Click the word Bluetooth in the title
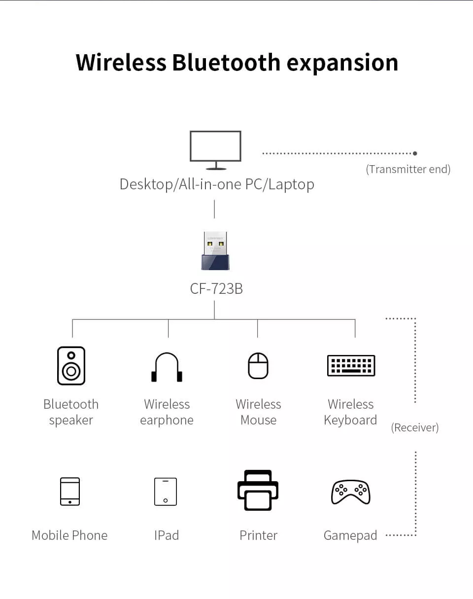(x=226, y=63)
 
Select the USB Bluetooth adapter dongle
(x=215, y=251)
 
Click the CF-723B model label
(x=216, y=288)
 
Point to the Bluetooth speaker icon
(x=71, y=365)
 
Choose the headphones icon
(x=167, y=367)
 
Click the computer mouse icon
(x=258, y=365)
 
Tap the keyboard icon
(x=351, y=365)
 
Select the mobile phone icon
(x=69, y=491)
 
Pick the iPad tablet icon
(x=166, y=491)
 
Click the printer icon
(x=258, y=490)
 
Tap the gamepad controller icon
(x=350, y=492)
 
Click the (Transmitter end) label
(x=408, y=169)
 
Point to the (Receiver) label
(x=414, y=427)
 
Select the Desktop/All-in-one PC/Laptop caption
(x=217, y=184)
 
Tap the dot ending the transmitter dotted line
(x=415, y=153)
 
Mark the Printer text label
(x=258, y=535)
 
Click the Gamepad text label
(x=350, y=535)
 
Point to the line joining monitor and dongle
(x=214, y=209)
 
